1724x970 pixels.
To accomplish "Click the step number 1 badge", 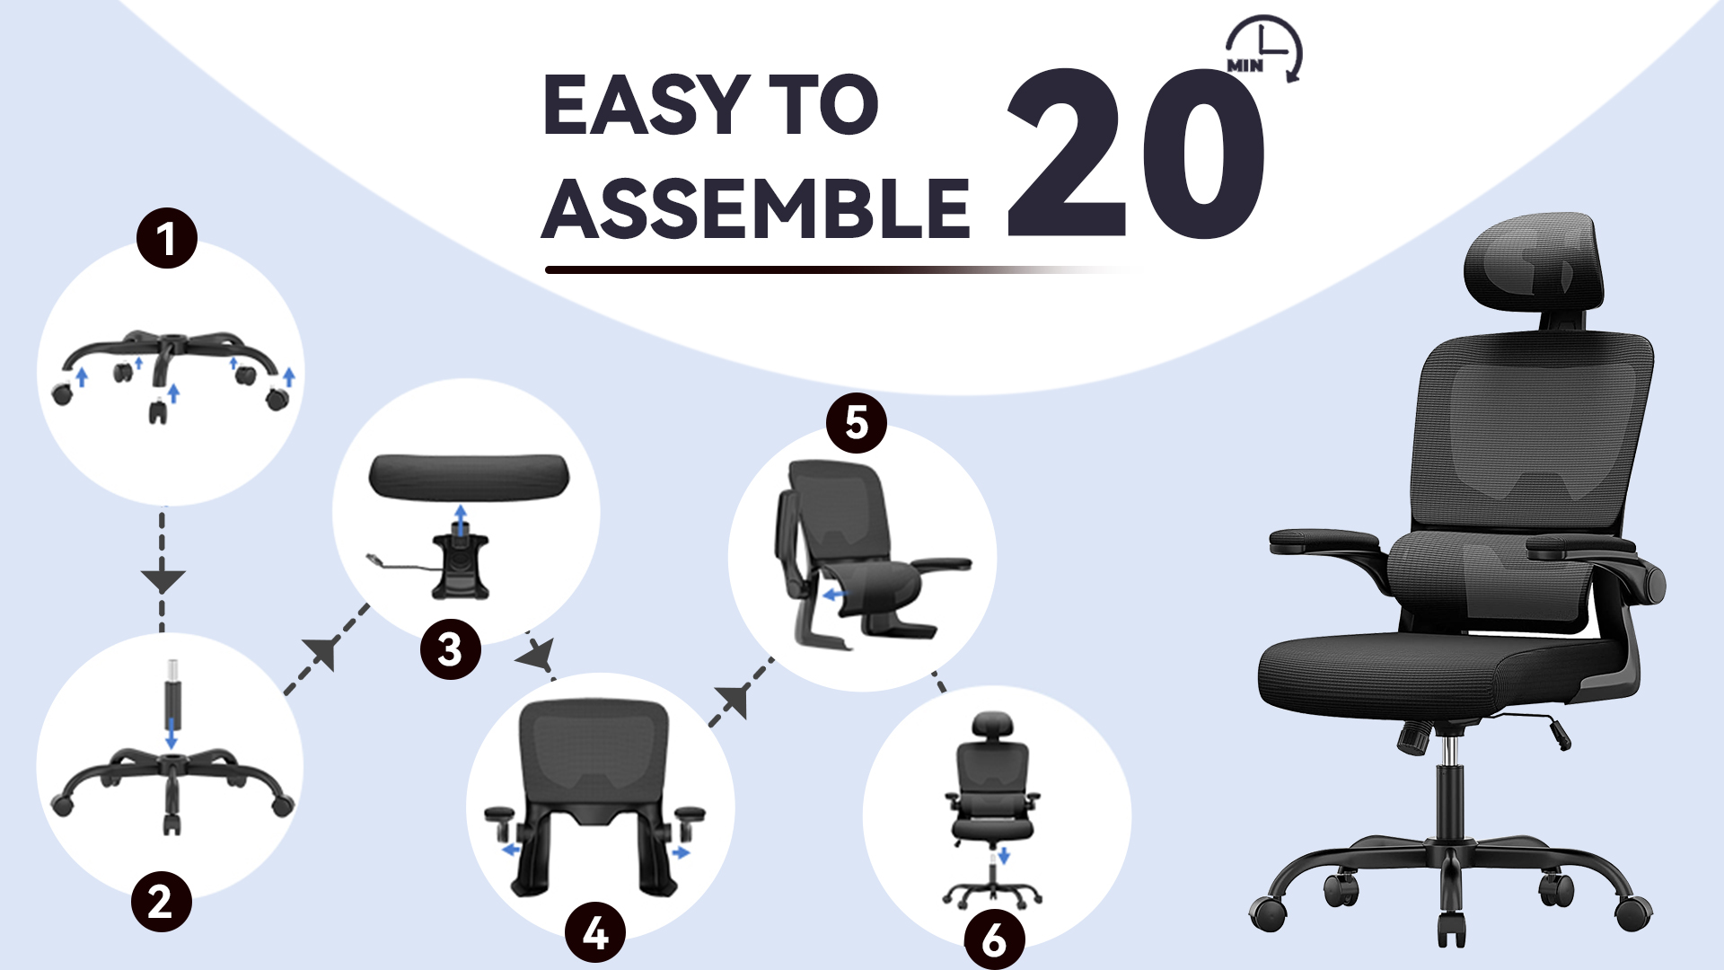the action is tap(166, 238).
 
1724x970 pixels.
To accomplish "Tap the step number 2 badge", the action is tap(162, 901).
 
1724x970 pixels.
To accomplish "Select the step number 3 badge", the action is tap(451, 648).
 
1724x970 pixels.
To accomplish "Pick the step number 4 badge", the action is tap(595, 932).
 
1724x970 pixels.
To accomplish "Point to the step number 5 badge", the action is tap(857, 422).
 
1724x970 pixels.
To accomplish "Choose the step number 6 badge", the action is tap(995, 940).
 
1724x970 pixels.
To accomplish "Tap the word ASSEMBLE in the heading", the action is tap(756, 208).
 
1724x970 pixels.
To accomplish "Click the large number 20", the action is tap(1136, 153).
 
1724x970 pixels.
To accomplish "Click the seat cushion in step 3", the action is tap(470, 475).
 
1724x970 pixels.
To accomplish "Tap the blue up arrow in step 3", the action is tap(461, 519).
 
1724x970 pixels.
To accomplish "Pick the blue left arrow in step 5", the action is tap(834, 595).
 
